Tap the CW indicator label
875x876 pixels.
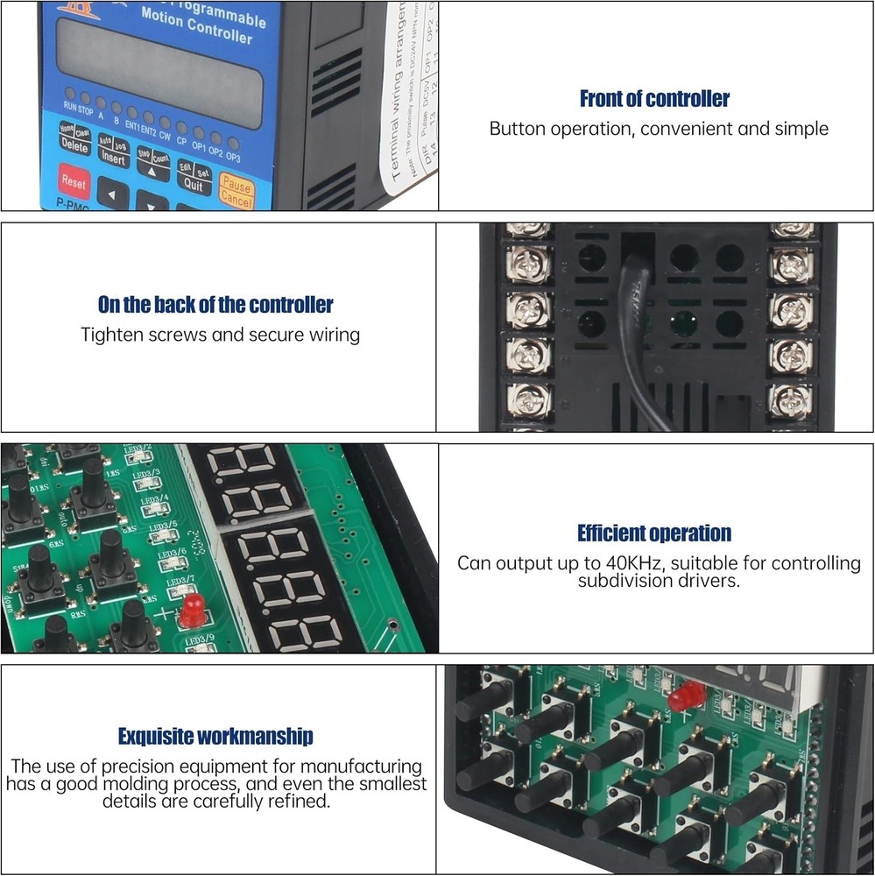point(165,135)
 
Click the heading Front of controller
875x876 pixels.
point(654,99)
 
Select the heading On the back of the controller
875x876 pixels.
point(215,305)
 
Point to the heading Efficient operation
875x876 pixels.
point(654,533)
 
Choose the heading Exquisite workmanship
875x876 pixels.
point(215,737)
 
